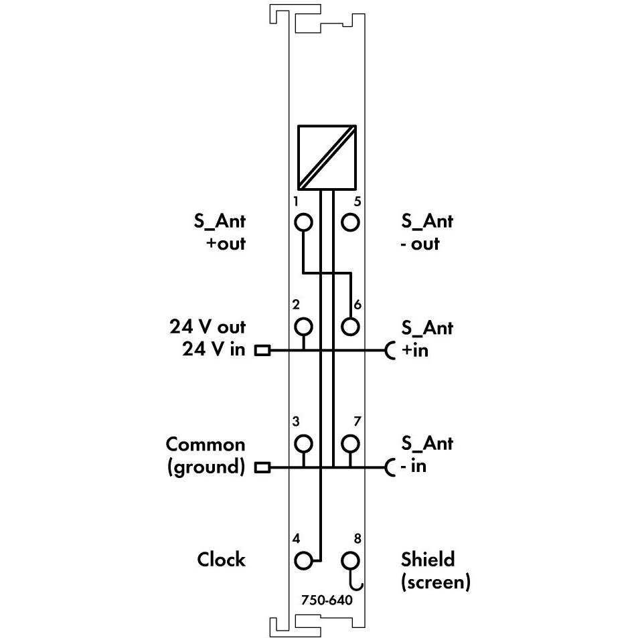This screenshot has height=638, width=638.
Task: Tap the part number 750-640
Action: (327, 600)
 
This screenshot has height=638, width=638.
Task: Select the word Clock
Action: (222, 560)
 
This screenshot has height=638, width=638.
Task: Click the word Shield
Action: (428, 560)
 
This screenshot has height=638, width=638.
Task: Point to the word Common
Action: (206, 445)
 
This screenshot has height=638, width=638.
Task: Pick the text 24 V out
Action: (208, 327)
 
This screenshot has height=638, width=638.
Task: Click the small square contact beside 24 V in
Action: (262, 350)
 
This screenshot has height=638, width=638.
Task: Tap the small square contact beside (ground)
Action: (262, 467)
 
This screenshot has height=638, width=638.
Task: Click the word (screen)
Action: (436, 582)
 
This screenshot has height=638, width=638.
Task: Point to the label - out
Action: (420, 244)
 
